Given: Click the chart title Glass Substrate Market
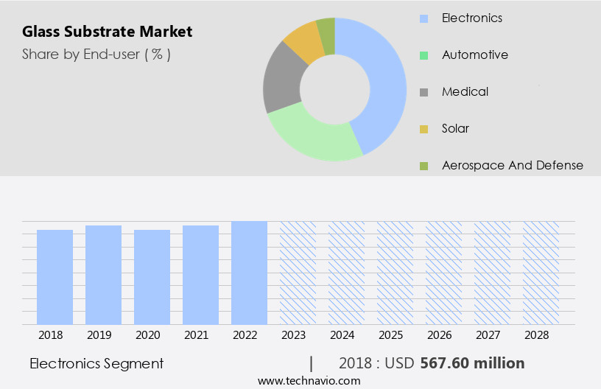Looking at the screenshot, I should point(107,32).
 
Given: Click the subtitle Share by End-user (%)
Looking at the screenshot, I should point(96,54).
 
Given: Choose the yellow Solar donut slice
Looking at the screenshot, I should point(303,43).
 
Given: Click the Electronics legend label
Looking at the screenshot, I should point(472,17).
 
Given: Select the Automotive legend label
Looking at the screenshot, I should point(475,55).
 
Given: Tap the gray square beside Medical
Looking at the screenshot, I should point(423,92).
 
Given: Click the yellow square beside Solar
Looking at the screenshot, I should point(423,129).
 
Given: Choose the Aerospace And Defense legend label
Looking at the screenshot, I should point(513,165).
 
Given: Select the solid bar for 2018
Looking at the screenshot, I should point(55,277).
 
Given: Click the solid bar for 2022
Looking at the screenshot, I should point(249,273).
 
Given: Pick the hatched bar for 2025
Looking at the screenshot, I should point(395,273).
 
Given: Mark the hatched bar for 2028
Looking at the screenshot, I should point(541,273).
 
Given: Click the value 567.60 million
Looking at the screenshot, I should point(472,363).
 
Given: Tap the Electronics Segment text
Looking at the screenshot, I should point(96,363).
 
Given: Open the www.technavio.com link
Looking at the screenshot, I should point(309,380).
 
